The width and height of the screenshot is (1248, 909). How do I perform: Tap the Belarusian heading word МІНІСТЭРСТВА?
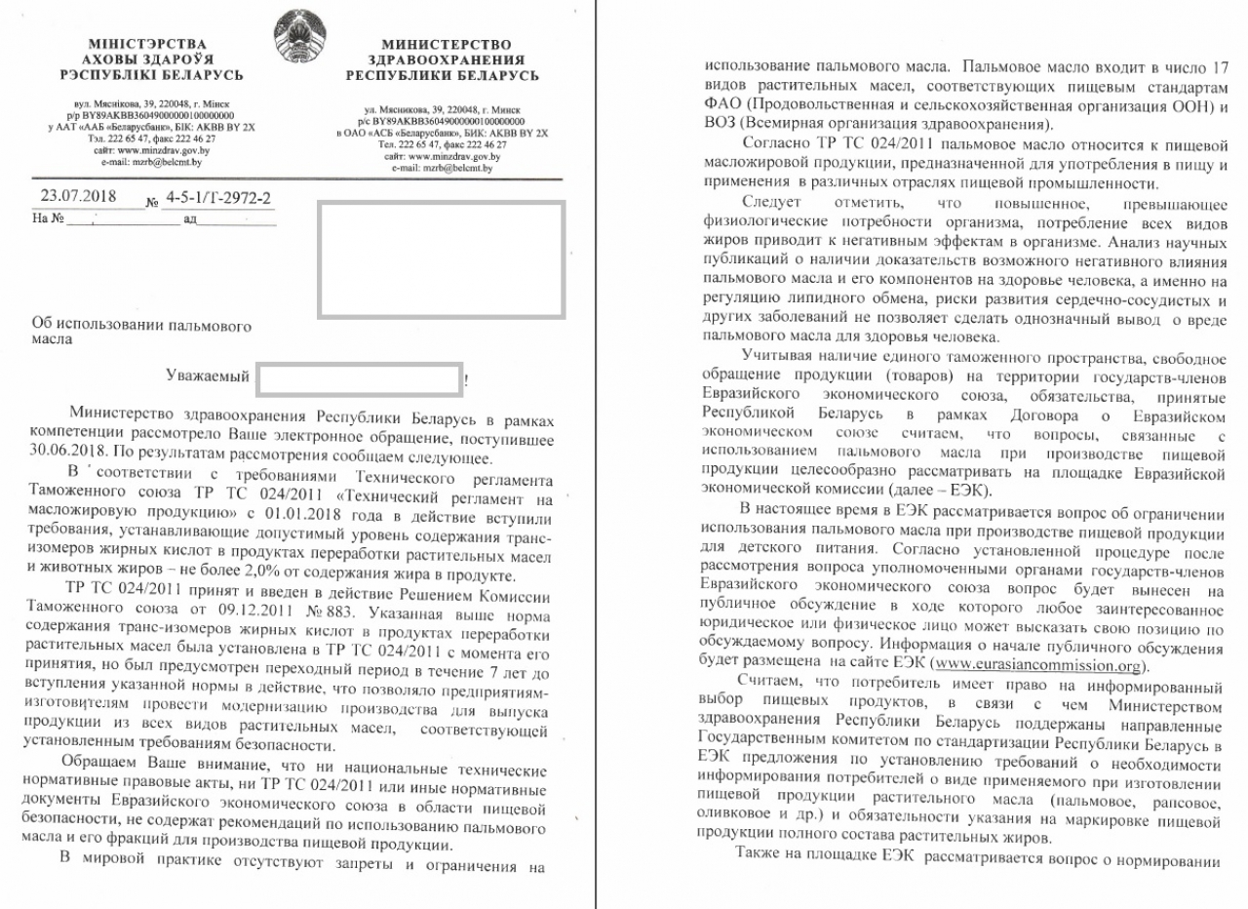point(146,44)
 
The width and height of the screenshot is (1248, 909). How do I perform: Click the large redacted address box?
point(441,259)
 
